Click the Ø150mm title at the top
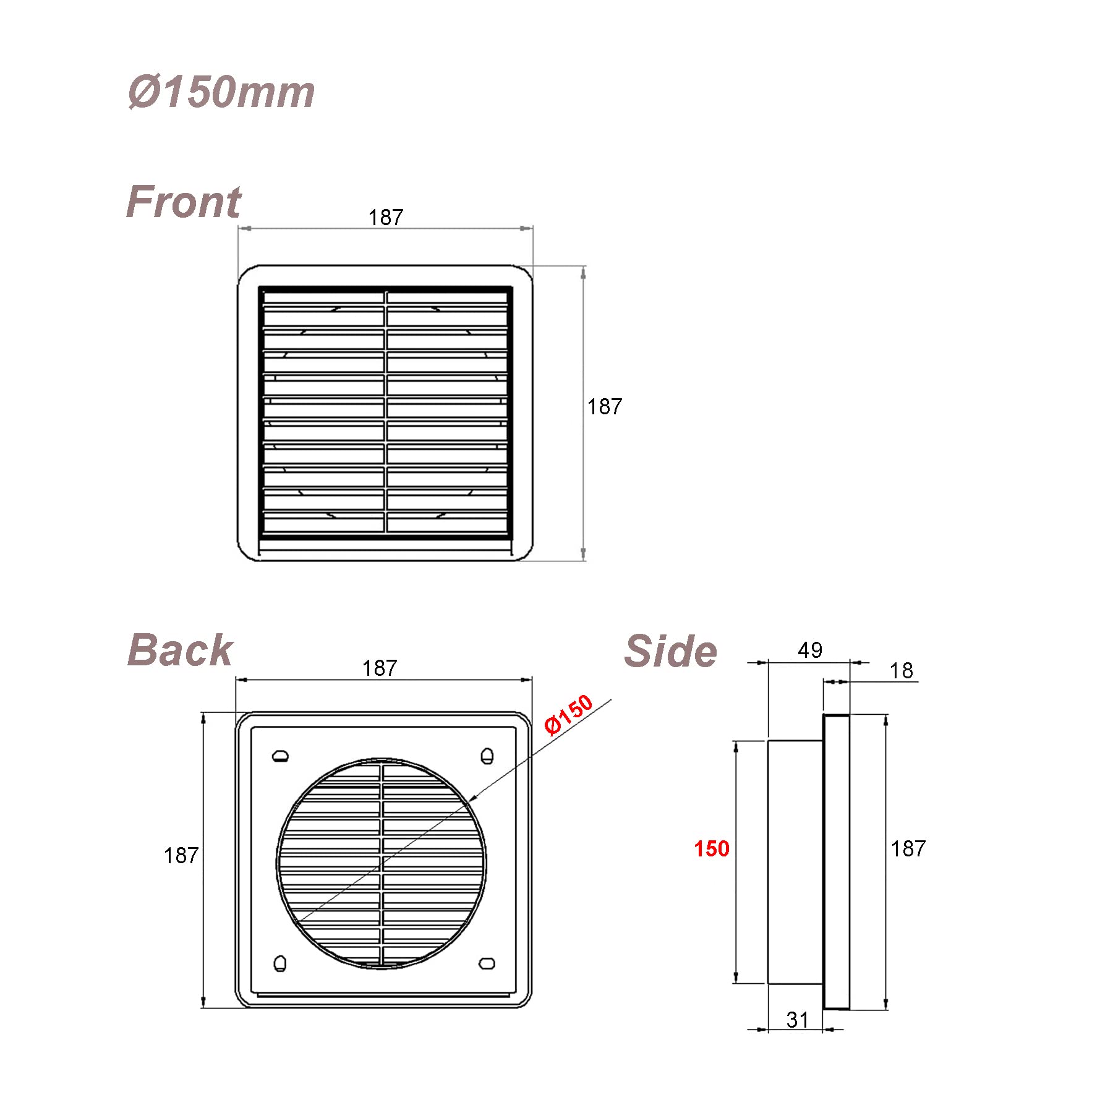221,92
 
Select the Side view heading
671,651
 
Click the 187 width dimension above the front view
386,217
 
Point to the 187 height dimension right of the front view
605,406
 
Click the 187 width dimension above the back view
380,668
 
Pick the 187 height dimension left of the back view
181,855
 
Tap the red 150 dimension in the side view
712,848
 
